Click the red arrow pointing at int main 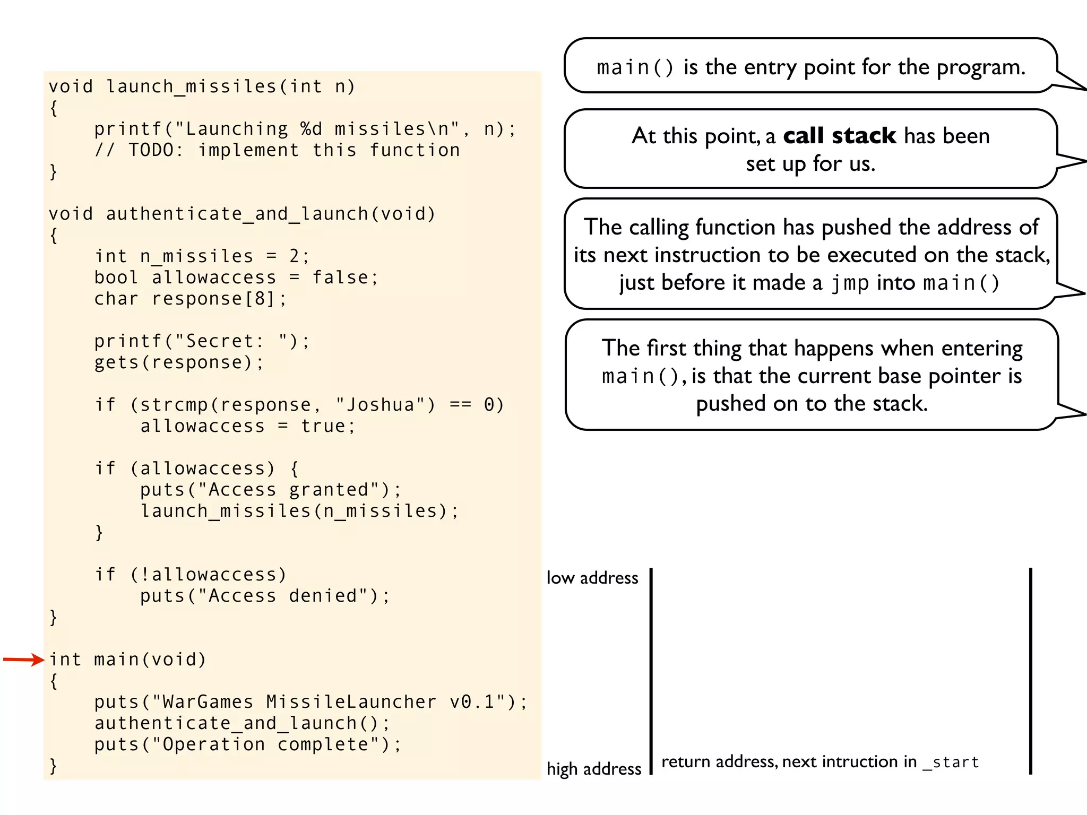click(23, 660)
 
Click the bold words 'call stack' click(839, 136)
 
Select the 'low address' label click(592, 578)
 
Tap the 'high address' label click(594, 769)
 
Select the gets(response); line click(178, 362)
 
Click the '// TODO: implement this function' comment click(277, 150)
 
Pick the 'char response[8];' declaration click(190, 299)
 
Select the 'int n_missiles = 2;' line click(202, 256)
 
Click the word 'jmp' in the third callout click(850, 283)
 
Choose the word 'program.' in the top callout click(981, 67)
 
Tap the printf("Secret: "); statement click(202, 341)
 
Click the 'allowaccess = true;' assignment click(247, 426)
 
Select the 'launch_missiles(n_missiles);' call click(299, 511)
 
